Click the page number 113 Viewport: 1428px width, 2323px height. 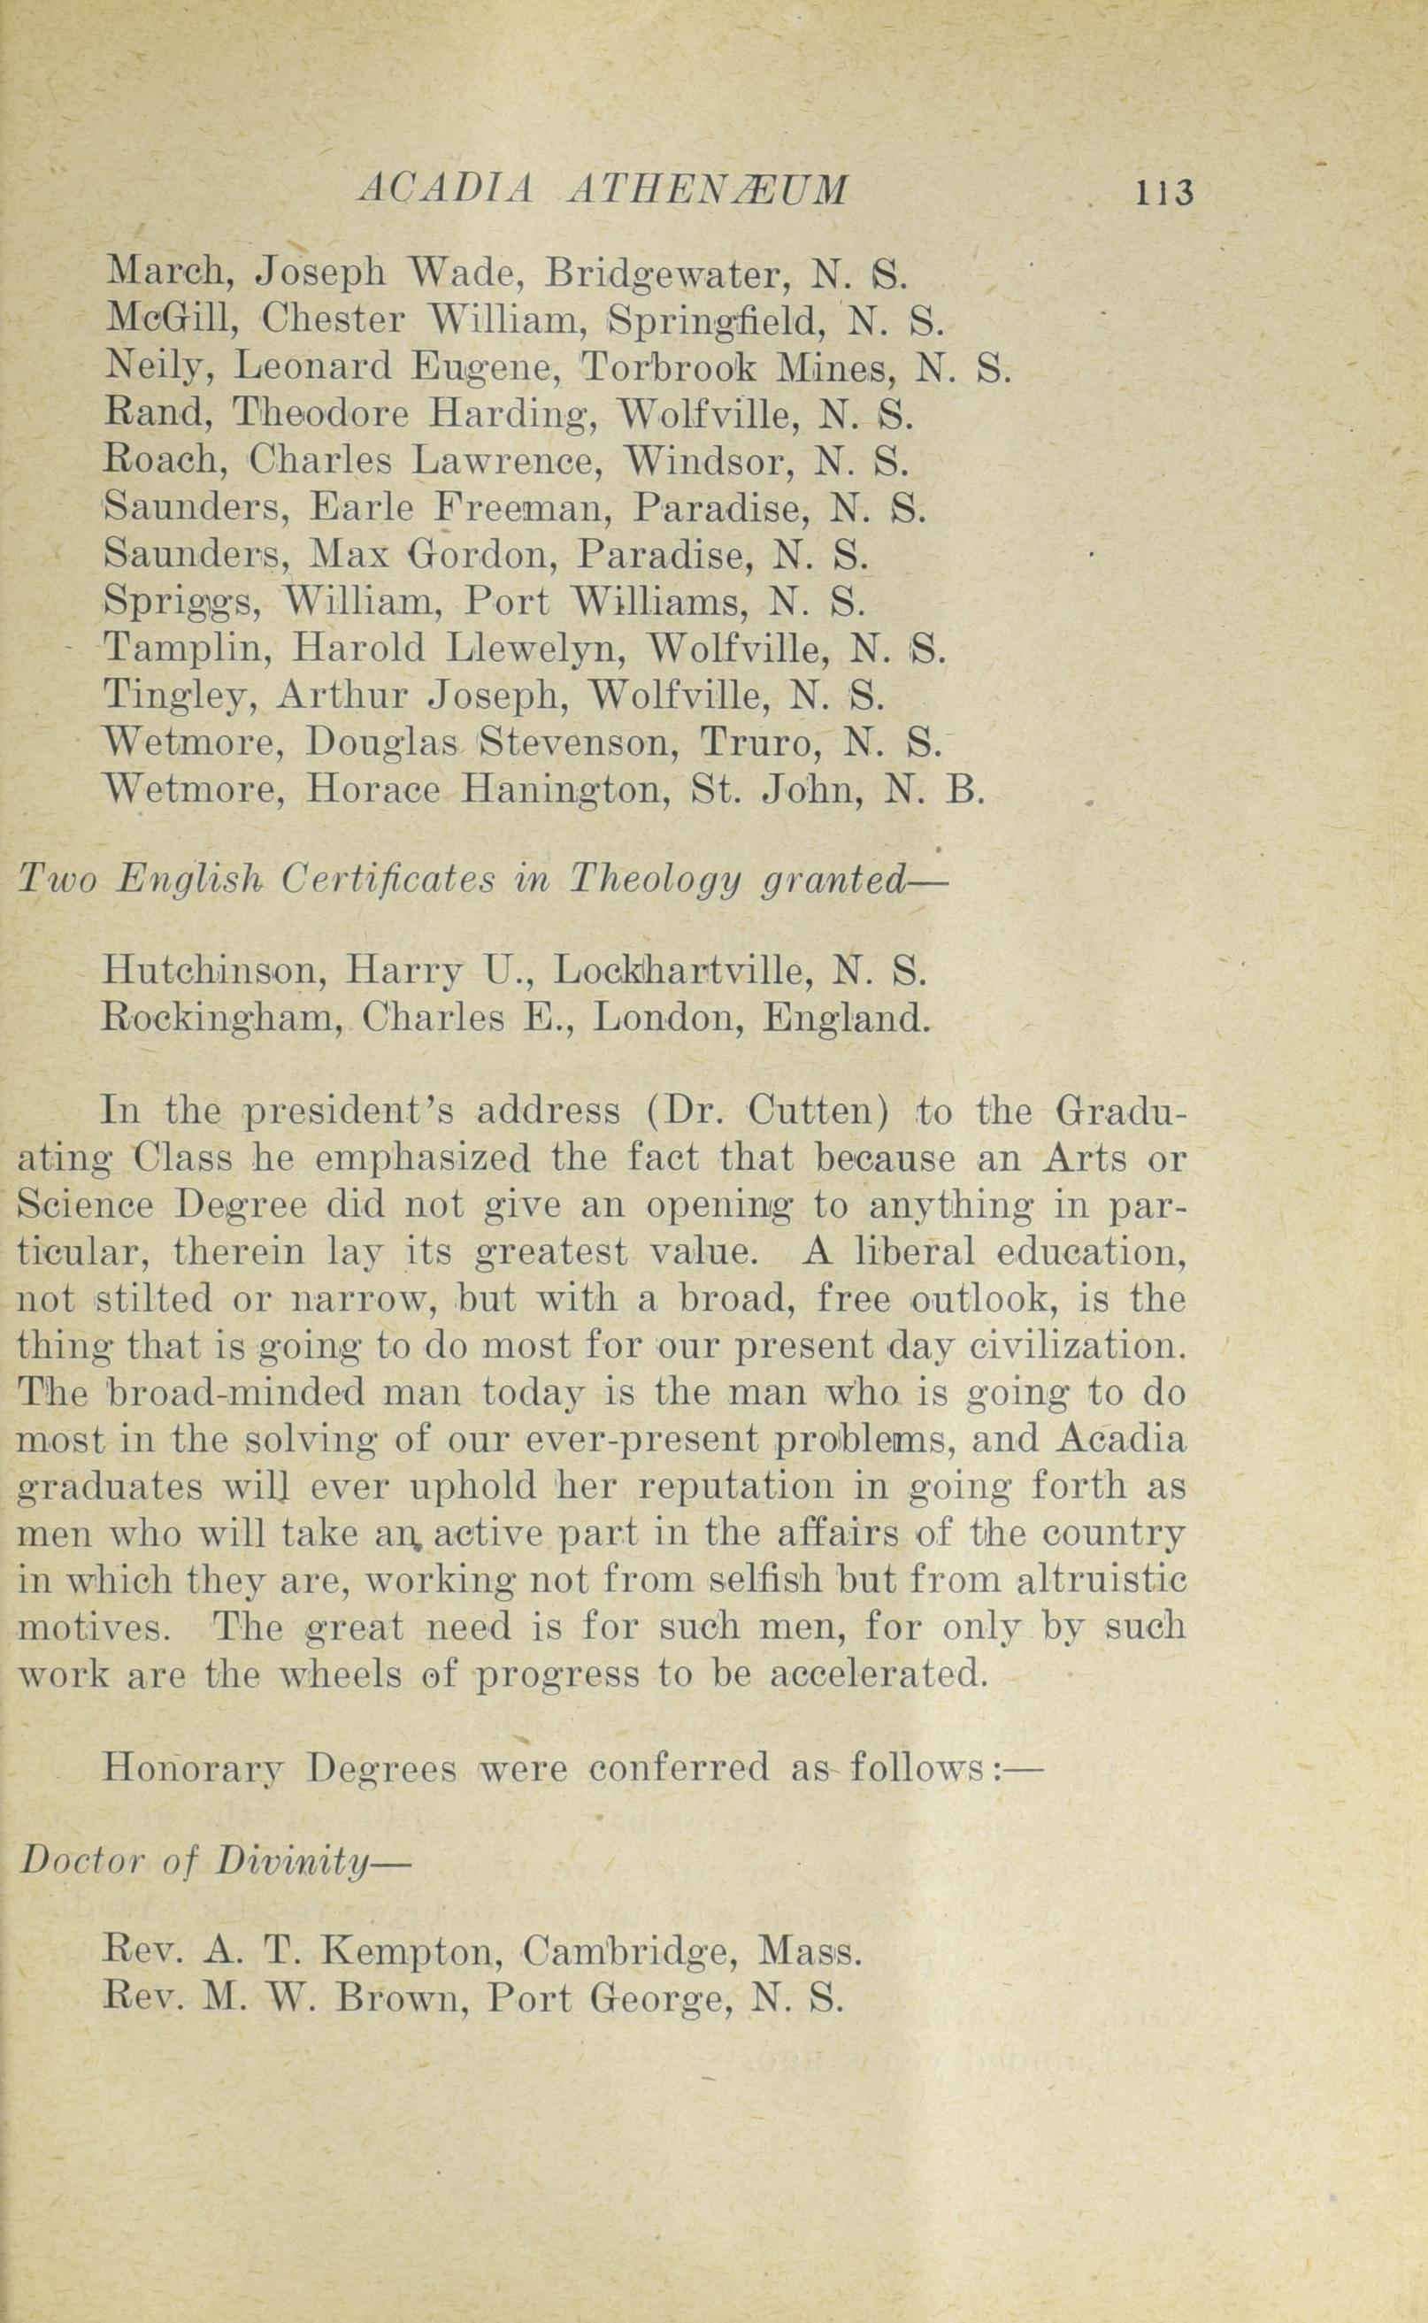1166,192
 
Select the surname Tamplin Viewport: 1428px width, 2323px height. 188,648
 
